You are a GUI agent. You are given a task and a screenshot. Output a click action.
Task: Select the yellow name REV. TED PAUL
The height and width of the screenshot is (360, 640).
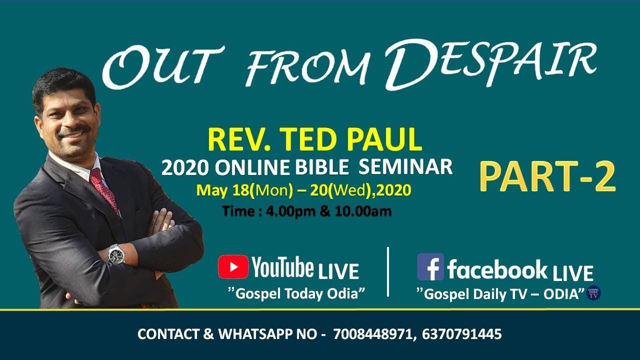(x=314, y=140)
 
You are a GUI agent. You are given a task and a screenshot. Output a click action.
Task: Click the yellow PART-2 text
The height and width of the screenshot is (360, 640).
(x=547, y=177)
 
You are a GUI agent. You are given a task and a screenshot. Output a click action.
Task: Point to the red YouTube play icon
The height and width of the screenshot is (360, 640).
(x=233, y=267)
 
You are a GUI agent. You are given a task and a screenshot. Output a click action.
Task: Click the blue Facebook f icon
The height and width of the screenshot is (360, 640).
(x=430, y=267)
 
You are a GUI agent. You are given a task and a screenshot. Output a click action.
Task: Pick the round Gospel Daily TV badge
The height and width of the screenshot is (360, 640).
(x=593, y=293)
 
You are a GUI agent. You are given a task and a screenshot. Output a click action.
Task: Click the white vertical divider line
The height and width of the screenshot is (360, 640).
(x=388, y=271)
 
